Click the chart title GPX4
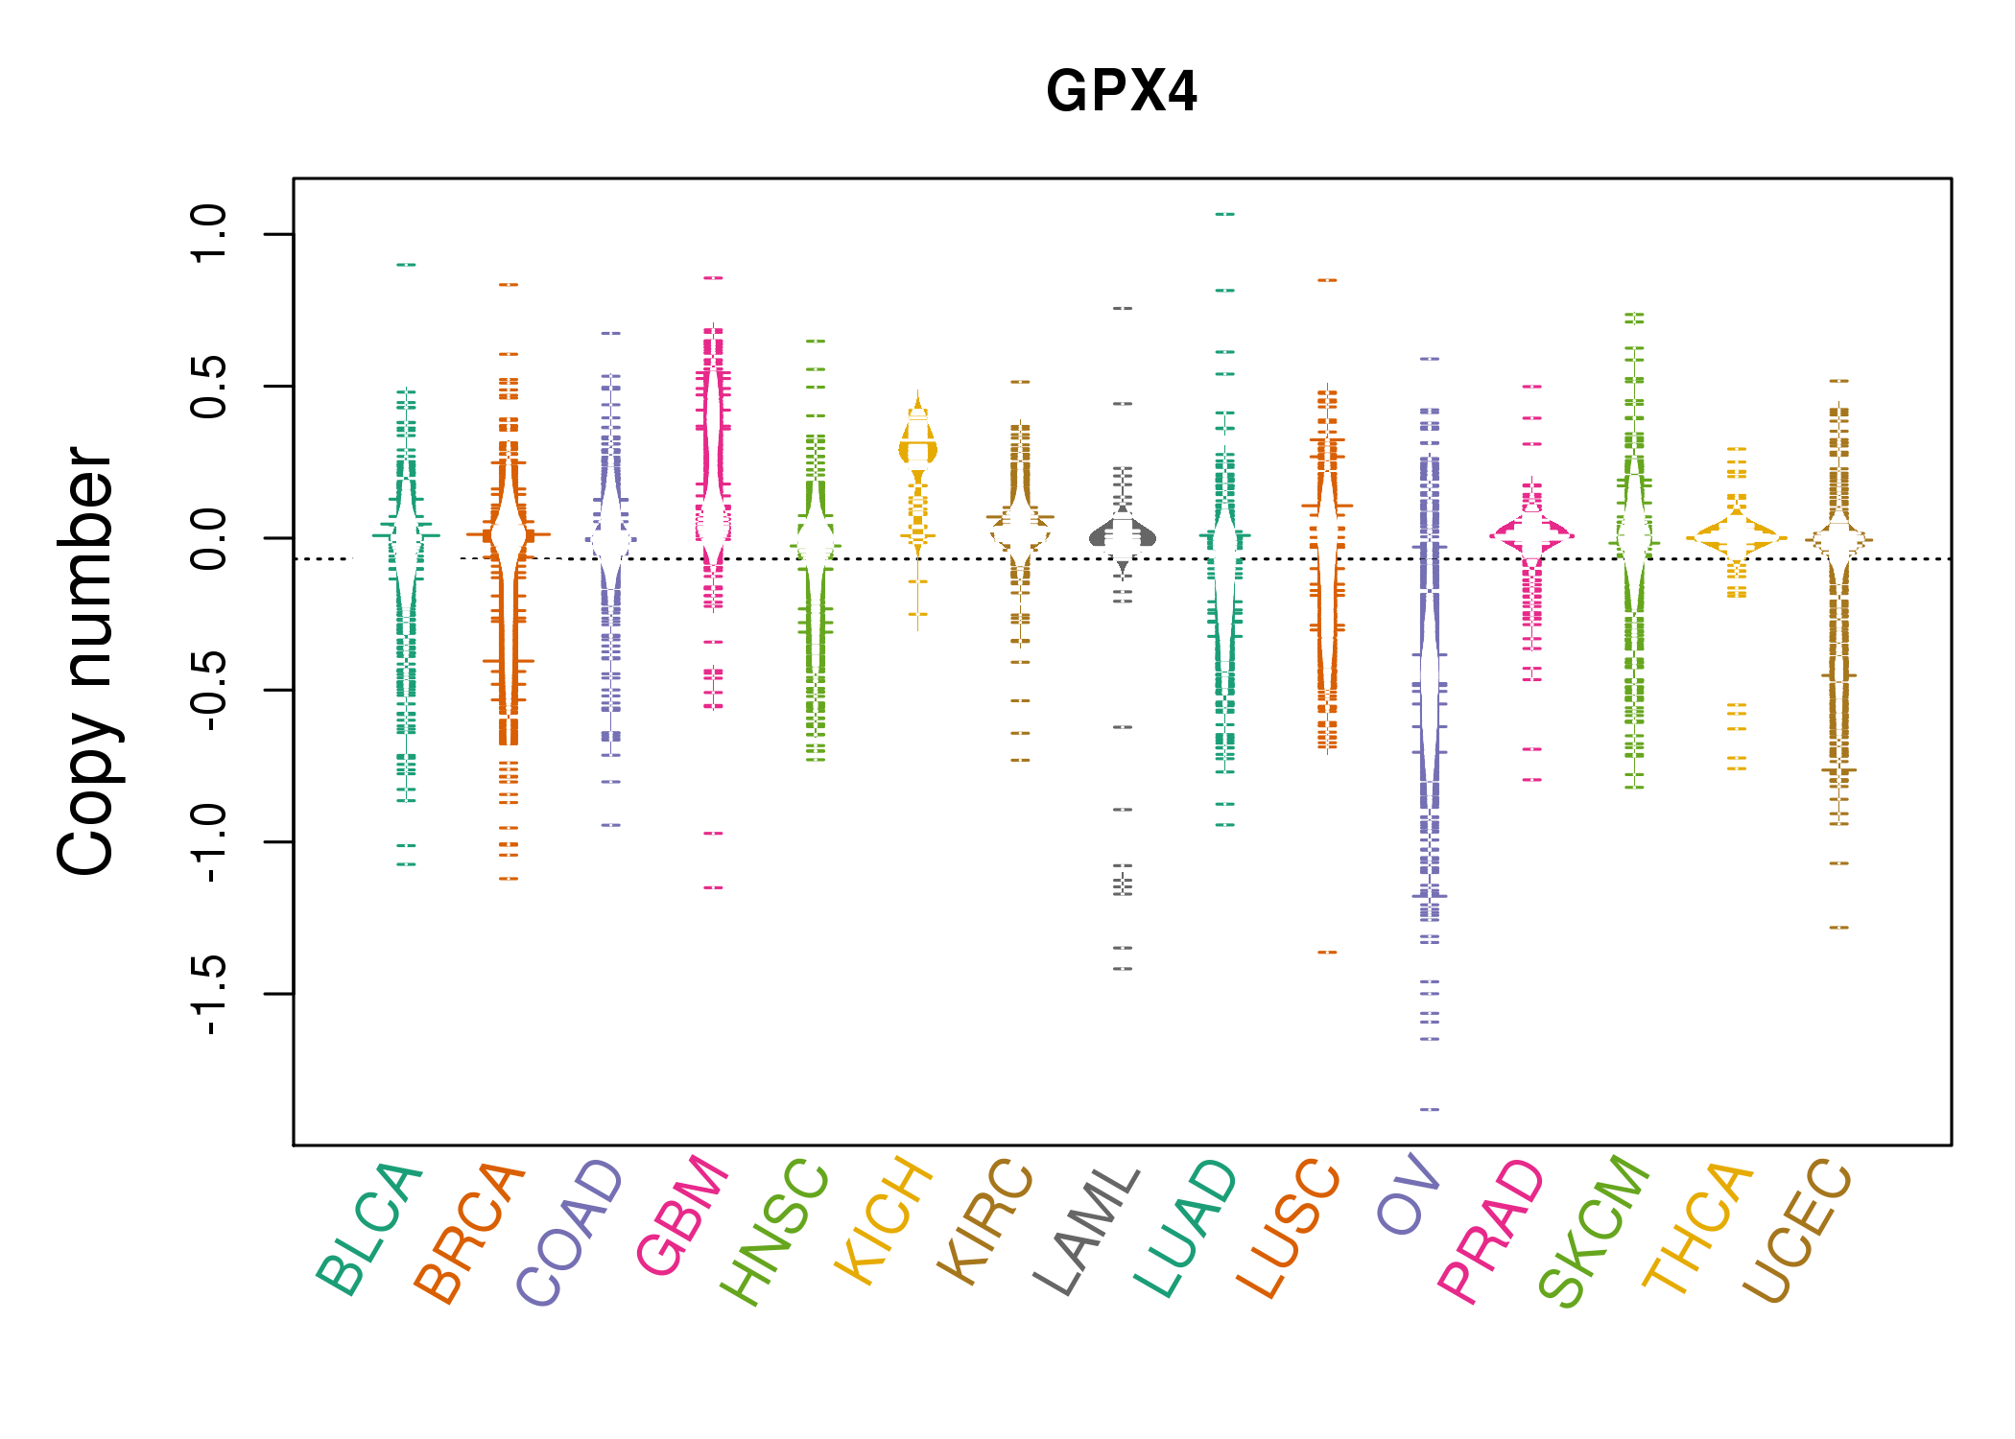[x=1122, y=92]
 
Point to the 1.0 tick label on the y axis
[x=209, y=233]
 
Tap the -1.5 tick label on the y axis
[x=209, y=994]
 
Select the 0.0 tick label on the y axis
[x=209, y=538]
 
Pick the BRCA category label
[x=469, y=1233]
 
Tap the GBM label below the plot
[x=682, y=1215]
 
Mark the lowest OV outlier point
[x=1430, y=1109]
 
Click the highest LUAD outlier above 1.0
[x=1225, y=214]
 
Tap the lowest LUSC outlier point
[x=1327, y=953]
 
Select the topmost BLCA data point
[x=407, y=265]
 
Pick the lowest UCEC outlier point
[x=1838, y=928]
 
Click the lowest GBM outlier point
[x=713, y=888]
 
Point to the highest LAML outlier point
[x=1123, y=309]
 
